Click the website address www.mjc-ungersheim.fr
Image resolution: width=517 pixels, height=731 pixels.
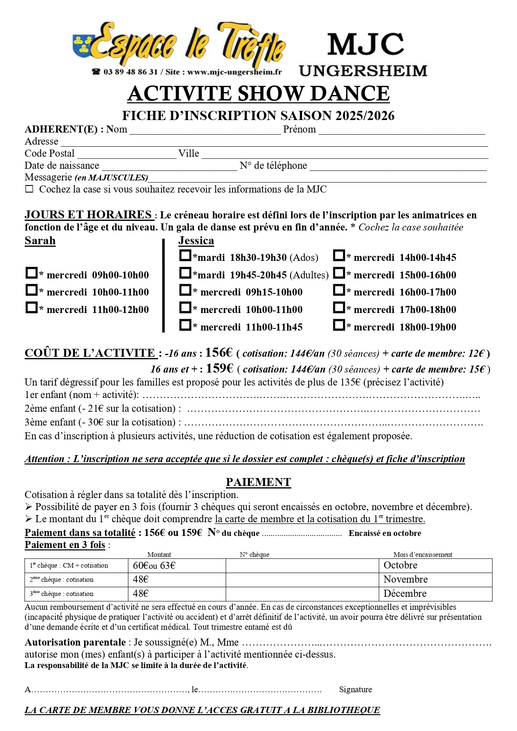tap(234, 72)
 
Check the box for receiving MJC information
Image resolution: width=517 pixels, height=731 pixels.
tap(29, 189)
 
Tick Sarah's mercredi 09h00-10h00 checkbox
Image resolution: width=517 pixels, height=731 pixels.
tap(31, 273)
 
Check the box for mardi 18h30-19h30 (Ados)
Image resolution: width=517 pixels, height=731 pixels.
tap(185, 256)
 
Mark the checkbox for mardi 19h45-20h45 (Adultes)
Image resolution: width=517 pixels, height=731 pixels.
tap(185, 273)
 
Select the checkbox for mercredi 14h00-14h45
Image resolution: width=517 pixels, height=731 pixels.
tap(339, 256)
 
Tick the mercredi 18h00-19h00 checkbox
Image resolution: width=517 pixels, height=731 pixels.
tap(339, 325)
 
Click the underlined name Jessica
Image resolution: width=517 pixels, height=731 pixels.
tap(196, 241)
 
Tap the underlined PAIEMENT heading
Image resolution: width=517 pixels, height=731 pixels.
tap(258, 482)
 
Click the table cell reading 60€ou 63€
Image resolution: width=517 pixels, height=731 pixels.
tap(154, 566)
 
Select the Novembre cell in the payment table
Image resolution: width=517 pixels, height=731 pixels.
tap(405, 579)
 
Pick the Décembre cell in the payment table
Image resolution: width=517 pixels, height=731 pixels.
tap(405, 593)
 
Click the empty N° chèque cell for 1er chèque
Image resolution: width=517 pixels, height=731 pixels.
tap(302, 566)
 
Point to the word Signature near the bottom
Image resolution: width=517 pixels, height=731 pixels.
tap(355, 690)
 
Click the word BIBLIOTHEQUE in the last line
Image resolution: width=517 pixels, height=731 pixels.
tap(343, 710)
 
